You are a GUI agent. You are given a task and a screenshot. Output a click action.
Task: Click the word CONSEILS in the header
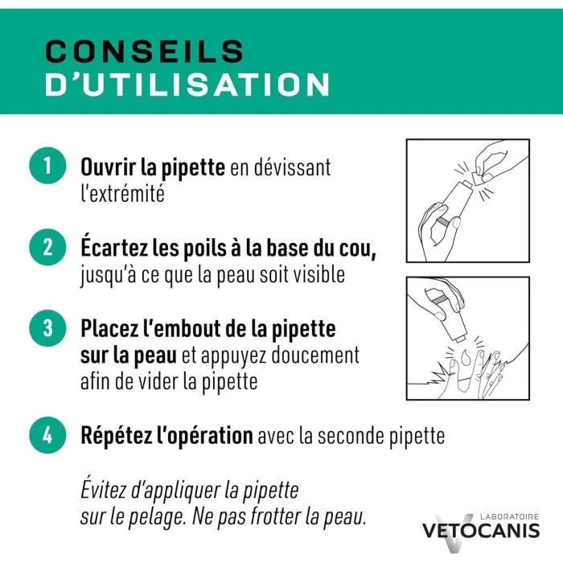pyautogui.click(x=144, y=51)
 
